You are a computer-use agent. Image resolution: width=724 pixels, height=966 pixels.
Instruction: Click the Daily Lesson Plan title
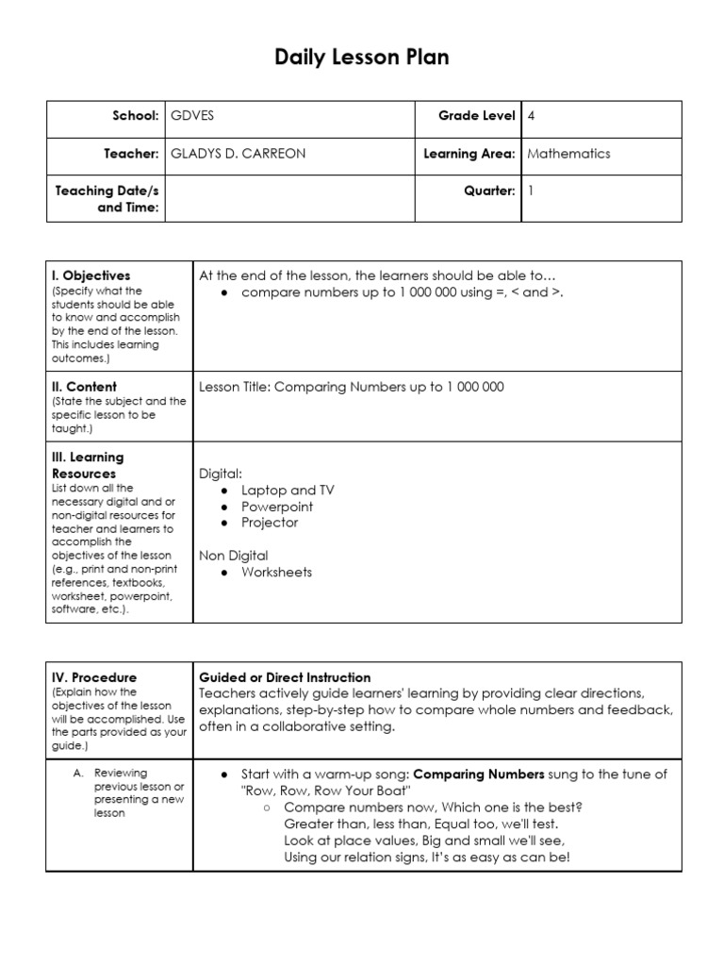[362, 58]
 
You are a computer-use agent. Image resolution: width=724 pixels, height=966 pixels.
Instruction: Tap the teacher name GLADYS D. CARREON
[238, 154]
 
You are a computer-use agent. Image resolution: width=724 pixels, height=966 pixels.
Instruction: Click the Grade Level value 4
[532, 116]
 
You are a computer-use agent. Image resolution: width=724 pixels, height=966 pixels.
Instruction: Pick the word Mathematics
[568, 154]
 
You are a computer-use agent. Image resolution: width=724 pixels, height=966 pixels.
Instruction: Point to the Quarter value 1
[531, 191]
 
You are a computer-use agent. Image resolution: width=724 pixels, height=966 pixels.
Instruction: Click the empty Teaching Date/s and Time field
[289, 198]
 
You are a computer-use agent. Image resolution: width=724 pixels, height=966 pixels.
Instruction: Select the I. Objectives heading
[91, 275]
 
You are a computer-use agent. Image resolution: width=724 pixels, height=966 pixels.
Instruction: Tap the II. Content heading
[85, 386]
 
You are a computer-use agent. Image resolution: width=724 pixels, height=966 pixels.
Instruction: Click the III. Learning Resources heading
[88, 465]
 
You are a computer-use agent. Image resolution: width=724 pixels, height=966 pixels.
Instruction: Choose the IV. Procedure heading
[94, 677]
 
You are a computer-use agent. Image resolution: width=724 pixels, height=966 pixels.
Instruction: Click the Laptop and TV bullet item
[288, 491]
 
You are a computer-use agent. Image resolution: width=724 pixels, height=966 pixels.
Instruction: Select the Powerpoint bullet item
[277, 507]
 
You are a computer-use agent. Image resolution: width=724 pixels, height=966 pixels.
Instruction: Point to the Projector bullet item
[270, 523]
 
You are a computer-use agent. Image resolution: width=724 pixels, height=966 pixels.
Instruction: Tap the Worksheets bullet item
[276, 572]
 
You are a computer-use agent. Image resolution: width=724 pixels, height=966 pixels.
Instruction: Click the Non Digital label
[234, 556]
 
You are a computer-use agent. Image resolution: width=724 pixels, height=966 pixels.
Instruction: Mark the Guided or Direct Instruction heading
[285, 677]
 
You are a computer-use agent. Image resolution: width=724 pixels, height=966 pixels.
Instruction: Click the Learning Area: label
[469, 154]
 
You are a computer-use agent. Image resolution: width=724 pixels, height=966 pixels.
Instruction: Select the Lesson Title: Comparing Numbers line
[352, 387]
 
